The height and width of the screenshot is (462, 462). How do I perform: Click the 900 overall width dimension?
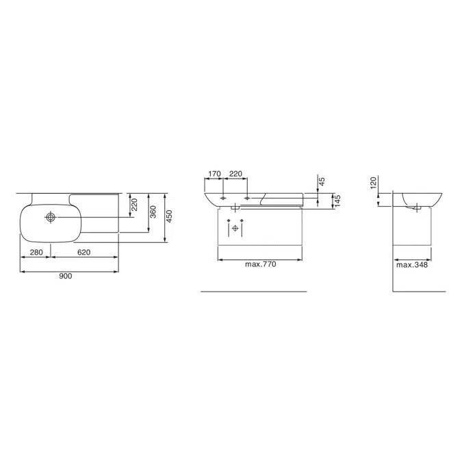(66, 276)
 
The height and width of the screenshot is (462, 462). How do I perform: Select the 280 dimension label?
(36, 252)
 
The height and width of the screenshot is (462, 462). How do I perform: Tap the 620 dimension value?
(84, 252)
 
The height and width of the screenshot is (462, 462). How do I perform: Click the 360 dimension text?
(153, 212)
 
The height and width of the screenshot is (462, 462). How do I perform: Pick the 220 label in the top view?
(134, 205)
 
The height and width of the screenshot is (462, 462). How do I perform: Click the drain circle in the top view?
(51, 217)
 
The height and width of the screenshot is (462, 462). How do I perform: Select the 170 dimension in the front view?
(214, 174)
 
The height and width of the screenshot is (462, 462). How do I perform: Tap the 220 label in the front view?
(235, 174)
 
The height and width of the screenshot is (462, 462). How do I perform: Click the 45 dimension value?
(322, 181)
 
